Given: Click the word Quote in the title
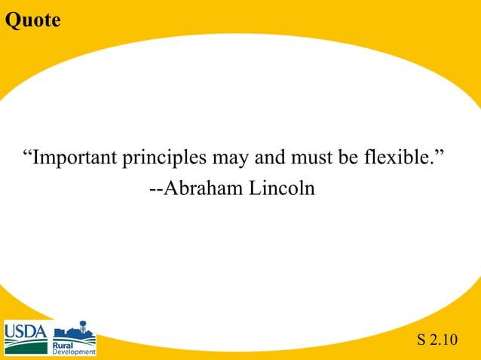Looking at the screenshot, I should (32, 20).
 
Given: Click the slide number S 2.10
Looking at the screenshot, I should (437, 340).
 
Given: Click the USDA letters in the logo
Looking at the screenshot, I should (25, 331).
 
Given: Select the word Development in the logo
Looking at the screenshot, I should (74, 352).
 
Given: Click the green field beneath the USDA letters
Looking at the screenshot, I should (25, 346).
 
